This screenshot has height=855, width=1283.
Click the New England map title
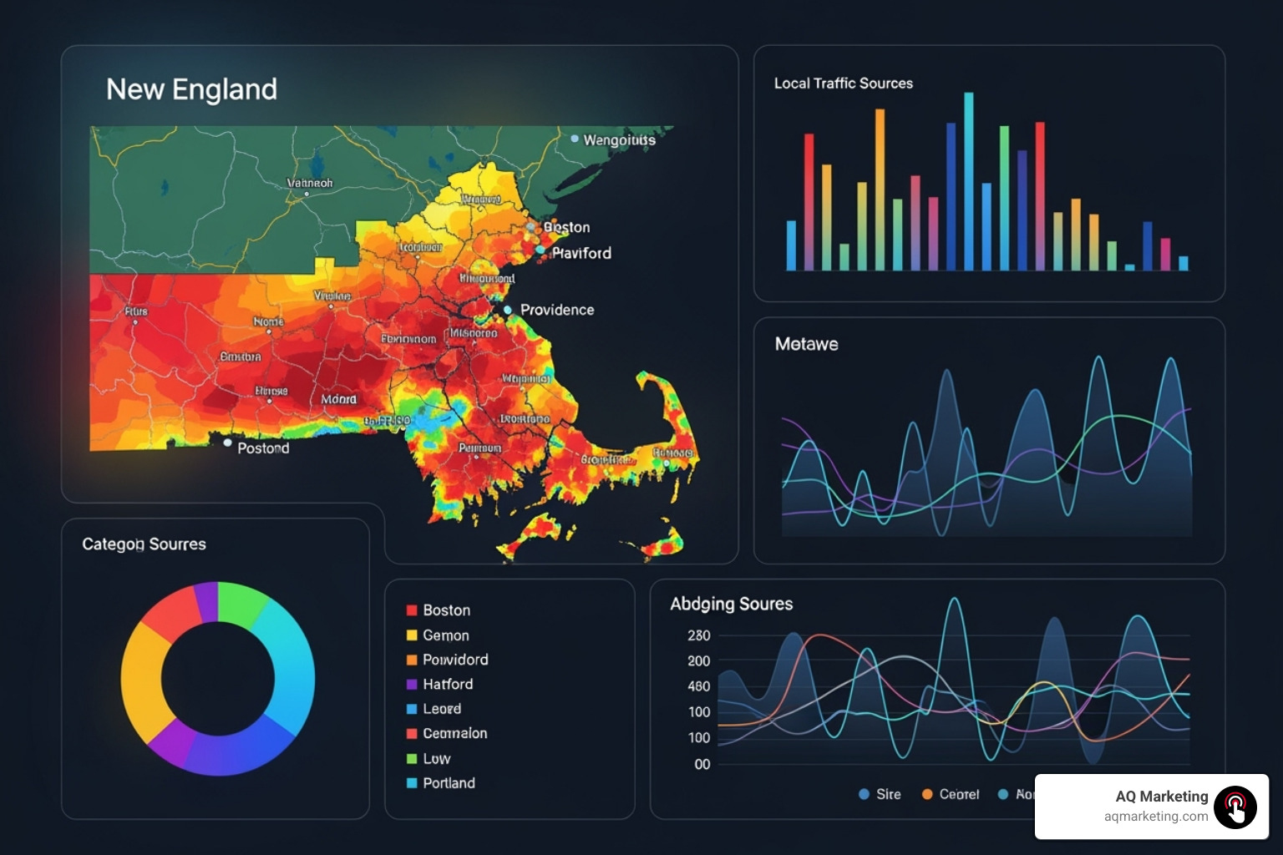191,89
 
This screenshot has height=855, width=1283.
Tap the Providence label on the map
556,310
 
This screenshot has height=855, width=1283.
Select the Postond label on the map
262,448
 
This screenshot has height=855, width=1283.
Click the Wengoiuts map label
619,139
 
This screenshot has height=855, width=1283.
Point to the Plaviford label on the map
581,253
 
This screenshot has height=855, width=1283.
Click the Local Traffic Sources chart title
843,83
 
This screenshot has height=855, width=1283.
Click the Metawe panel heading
806,344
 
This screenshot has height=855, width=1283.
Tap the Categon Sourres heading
144,544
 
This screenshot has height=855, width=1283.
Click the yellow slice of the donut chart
142,676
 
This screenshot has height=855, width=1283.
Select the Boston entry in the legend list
446,610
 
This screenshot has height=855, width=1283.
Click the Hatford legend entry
448,685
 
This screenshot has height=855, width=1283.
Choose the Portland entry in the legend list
449,783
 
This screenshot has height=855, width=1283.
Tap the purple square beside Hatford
412,685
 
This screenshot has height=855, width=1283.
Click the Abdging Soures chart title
731,604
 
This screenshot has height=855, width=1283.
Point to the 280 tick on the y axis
699,635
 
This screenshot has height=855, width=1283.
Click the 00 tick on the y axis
702,764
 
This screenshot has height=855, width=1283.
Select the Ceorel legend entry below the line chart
958,794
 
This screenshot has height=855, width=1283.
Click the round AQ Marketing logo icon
1235,807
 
